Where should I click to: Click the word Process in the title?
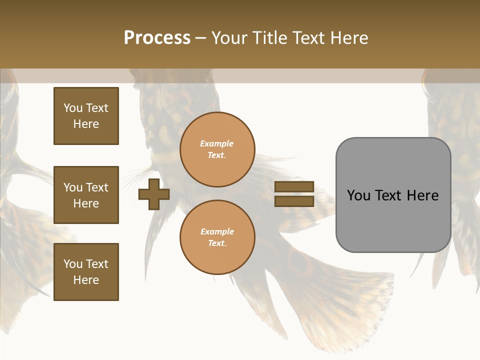click(157, 38)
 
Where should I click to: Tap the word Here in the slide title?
click(347, 38)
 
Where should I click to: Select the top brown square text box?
click(86, 116)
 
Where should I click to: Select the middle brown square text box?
click(86, 195)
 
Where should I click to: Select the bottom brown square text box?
click(86, 272)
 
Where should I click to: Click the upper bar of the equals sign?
click(294, 187)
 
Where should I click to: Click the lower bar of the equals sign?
click(294, 201)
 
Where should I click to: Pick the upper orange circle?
click(217, 149)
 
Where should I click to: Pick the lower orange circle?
click(217, 237)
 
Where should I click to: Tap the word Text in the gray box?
click(393, 195)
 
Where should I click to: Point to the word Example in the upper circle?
click(217, 143)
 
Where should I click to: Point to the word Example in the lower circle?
click(217, 231)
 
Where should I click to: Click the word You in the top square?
click(73, 108)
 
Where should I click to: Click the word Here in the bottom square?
click(86, 280)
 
